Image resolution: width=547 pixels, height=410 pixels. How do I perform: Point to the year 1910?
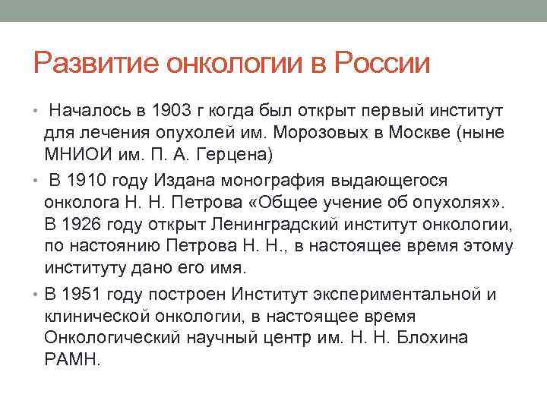(x=88, y=180)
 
